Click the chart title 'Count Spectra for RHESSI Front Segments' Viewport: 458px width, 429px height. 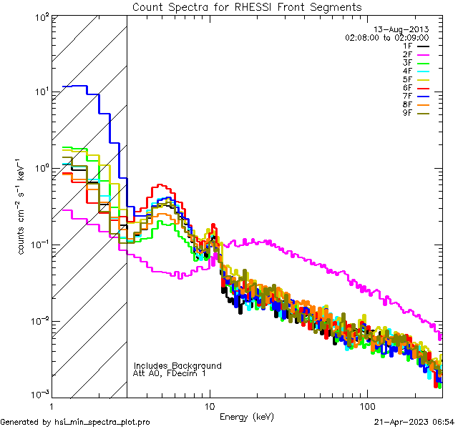coord(247,6)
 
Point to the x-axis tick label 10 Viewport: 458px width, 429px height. coord(209,405)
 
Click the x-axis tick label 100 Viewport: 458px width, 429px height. coord(366,405)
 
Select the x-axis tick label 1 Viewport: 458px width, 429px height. coord(52,405)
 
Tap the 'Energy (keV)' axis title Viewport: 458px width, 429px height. coord(248,416)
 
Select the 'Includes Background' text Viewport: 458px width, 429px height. coord(177,365)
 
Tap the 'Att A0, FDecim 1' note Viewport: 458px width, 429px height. coord(169,373)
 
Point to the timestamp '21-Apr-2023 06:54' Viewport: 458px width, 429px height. coord(414,422)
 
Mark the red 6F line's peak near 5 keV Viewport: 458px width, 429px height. coord(161,185)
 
